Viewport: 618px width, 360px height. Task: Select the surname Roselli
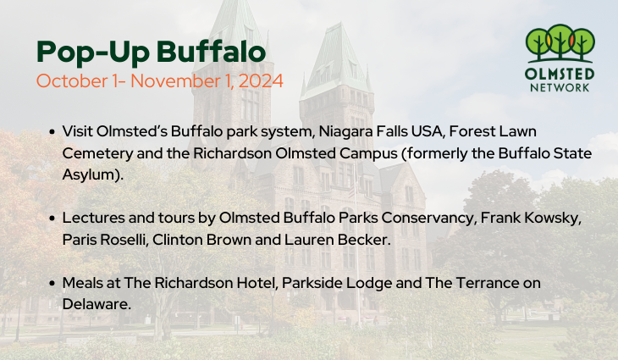point(126,240)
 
